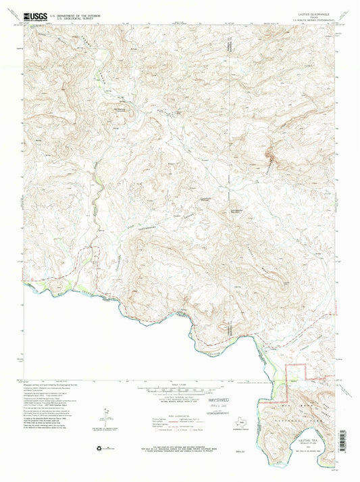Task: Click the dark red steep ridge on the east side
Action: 272,159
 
